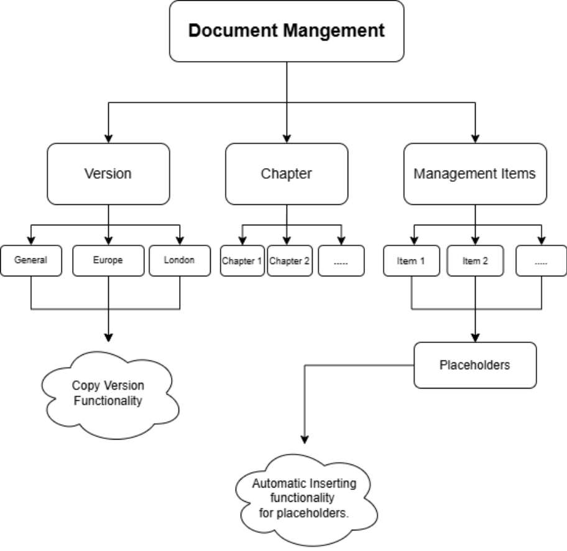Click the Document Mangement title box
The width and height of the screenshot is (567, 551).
point(287,31)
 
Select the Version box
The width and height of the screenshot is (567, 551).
point(108,174)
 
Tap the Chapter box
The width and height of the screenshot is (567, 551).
point(287,174)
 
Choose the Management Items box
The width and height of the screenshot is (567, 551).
point(475,174)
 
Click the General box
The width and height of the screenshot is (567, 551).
point(30,260)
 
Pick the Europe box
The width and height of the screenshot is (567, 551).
point(108,260)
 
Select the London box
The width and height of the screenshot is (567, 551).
point(179,260)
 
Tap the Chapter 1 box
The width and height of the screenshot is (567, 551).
point(242,261)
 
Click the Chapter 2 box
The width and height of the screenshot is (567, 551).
point(289,261)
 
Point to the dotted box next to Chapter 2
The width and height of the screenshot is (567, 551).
point(341,261)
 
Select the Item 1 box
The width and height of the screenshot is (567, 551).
point(411,261)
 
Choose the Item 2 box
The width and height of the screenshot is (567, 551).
point(475,261)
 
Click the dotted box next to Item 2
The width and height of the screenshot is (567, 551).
point(541,261)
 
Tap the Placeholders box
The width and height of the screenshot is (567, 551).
point(475,365)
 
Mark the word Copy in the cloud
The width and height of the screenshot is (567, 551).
point(85,386)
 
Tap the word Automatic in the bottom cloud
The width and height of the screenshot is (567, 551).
point(276,484)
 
